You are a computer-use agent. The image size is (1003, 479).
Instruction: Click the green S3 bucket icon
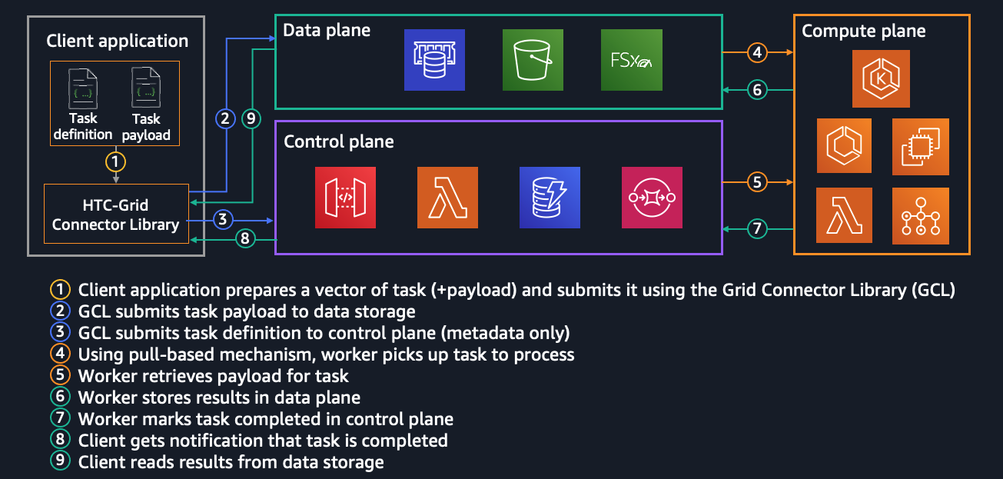(x=533, y=60)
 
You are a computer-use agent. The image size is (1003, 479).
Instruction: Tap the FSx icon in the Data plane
(x=632, y=60)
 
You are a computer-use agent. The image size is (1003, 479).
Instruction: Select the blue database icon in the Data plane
(x=435, y=60)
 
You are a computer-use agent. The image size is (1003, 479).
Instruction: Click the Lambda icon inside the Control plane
(x=447, y=198)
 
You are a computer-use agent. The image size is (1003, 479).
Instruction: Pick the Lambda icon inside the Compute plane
(x=844, y=215)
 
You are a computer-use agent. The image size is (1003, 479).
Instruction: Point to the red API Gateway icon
(x=346, y=198)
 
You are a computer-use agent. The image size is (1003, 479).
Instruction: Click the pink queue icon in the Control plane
(x=652, y=198)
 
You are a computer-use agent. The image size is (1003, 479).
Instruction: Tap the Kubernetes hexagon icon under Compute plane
(x=882, y=78)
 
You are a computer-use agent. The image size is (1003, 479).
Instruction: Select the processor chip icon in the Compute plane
(x=921, y=146)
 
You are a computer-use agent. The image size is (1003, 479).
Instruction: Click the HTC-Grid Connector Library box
(x=116, y=215)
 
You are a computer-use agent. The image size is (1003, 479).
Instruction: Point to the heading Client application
(x=117, y=41)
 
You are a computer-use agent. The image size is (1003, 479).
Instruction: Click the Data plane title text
(x=327, y=31)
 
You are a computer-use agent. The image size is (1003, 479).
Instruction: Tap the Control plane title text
(x=339, y=141)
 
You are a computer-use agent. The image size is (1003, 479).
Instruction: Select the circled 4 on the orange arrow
(x=758, y=52)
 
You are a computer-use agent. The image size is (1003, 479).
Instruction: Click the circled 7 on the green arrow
(x=758, y=228)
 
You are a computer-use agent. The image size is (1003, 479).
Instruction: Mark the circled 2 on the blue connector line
(x=225, y=118)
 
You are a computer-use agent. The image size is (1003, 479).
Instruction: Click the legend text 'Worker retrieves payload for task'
(x=214, y=376)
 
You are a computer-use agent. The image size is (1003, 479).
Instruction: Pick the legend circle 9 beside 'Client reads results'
(x=59, y=462)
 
